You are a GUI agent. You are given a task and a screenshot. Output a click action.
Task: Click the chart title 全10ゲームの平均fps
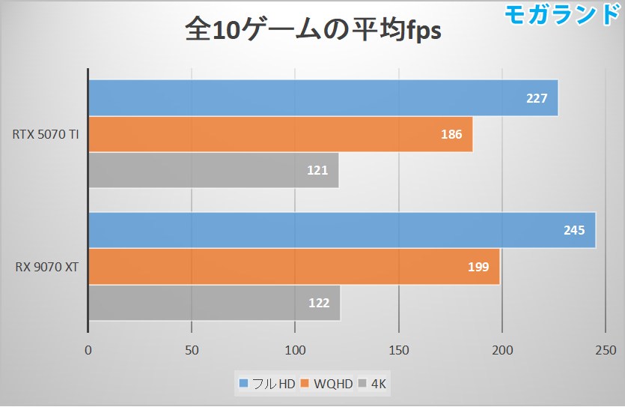tap(313, 31)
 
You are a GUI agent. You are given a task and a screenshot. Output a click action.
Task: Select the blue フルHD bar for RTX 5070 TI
tap(323, 98)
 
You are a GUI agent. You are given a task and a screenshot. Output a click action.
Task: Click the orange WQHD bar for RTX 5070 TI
tap(280, 135)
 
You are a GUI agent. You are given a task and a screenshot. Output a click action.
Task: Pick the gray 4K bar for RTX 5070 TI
tap(213, 171)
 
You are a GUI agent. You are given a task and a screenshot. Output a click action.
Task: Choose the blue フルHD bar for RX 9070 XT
tap(341, 230)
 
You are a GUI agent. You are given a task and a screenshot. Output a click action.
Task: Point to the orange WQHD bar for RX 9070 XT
tap(293, 267)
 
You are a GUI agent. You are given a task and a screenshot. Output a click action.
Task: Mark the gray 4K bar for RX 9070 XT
tap(214, 304)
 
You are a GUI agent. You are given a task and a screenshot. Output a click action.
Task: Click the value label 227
tap(537, 98)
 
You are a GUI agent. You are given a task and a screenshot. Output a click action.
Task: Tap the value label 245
tap(574, 230)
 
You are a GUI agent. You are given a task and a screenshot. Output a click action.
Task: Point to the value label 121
tap(317, 171)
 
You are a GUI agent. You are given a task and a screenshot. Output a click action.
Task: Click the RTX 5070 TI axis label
tap(46, 135)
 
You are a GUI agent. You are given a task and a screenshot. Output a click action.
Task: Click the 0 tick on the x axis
tap(88, 349)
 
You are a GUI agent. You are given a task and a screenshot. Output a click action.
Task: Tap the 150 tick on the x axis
tap(399, 349)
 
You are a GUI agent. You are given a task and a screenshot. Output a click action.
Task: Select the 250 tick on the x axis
tap(606, 349)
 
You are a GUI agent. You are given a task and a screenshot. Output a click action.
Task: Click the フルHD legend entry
tap(267, 385)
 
